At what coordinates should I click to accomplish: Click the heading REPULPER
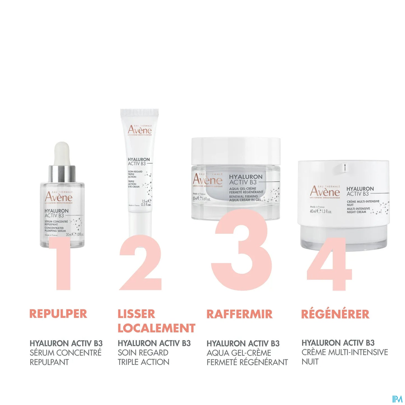[x=58, y=314]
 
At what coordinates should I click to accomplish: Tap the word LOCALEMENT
[x=156, y=328]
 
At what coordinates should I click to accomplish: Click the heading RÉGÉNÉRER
[x=335, y=314]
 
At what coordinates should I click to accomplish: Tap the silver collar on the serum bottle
[x=62, y=174]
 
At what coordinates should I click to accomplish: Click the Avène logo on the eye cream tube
[x=140, y=130]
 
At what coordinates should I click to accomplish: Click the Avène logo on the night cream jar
[x=325, y=192]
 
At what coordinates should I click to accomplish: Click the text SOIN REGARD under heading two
[x=143, y=353]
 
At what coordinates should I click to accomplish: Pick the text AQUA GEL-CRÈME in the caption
[x=239, y=353]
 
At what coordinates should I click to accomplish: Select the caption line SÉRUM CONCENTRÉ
[x=66, y=353]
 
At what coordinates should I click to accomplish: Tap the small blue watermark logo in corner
[x=397, y=399]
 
